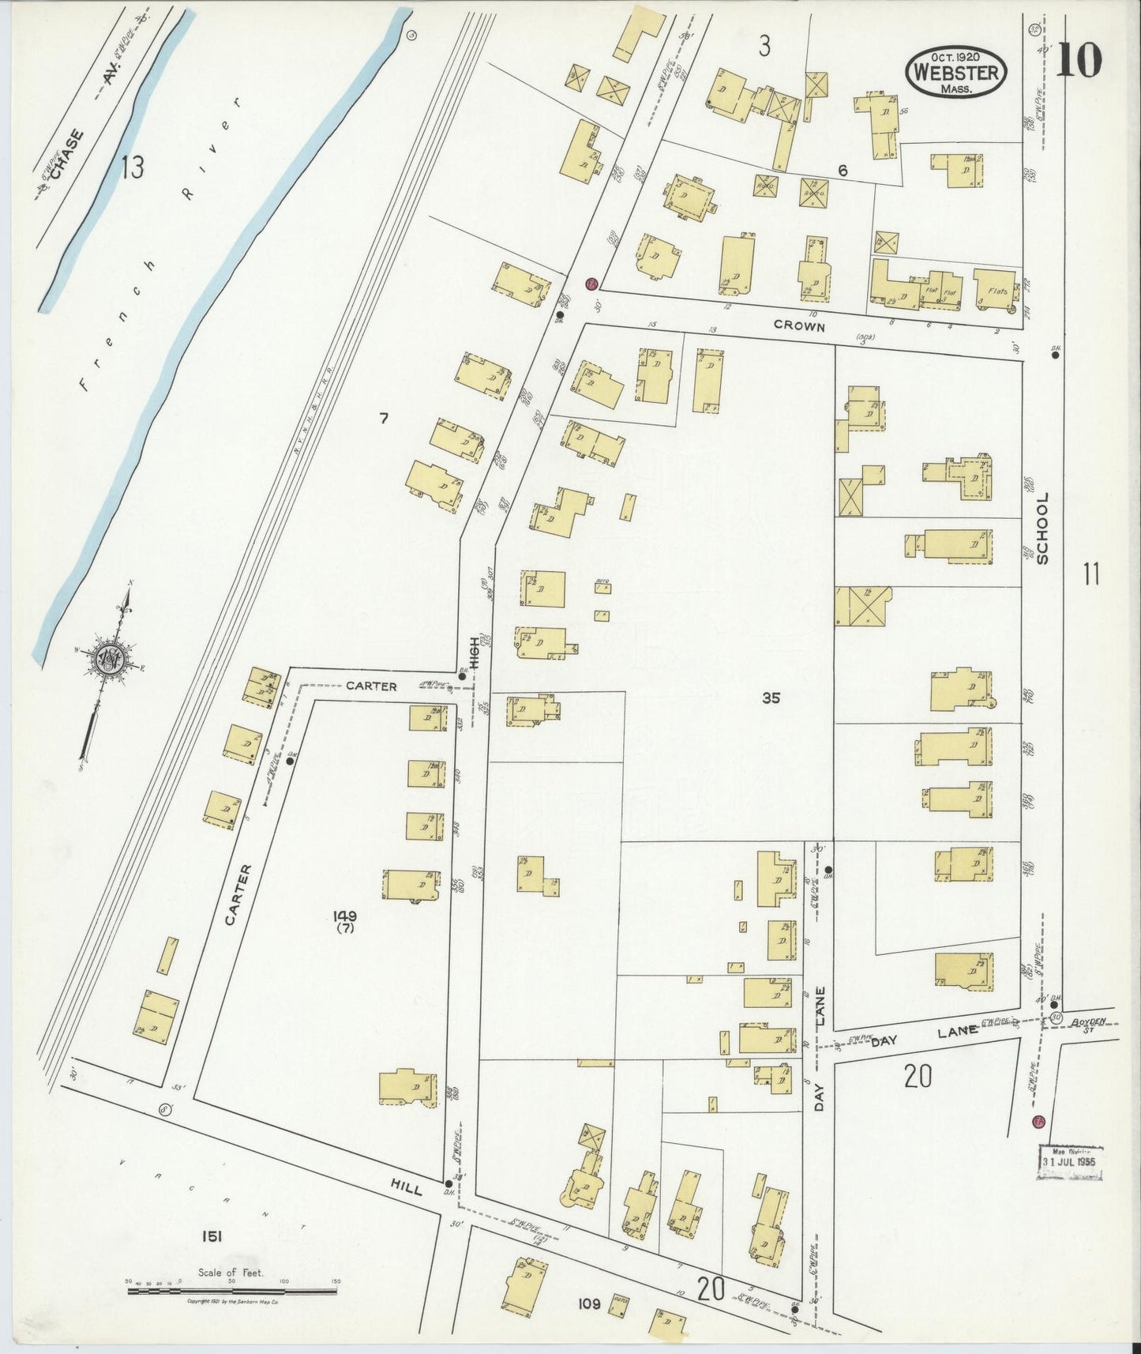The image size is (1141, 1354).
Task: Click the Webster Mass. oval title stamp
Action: tap(956, 72)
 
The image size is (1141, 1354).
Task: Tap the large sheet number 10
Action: tap(1078, 60)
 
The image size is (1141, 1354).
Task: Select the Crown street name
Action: tap(799, 325)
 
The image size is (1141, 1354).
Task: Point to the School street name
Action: tap(1042, 528)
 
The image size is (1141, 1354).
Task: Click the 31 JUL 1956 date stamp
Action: tap(1070, 1162)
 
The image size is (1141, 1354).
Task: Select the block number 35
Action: tap(771, 698)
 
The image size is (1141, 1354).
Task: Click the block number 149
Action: tap(344, 916)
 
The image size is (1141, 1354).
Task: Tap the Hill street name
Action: tap(406, 1185)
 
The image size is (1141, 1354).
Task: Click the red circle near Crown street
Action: tap(591, 284)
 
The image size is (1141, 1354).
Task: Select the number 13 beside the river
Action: tap(132, 167)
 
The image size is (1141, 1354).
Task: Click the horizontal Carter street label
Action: tap(371, 686)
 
